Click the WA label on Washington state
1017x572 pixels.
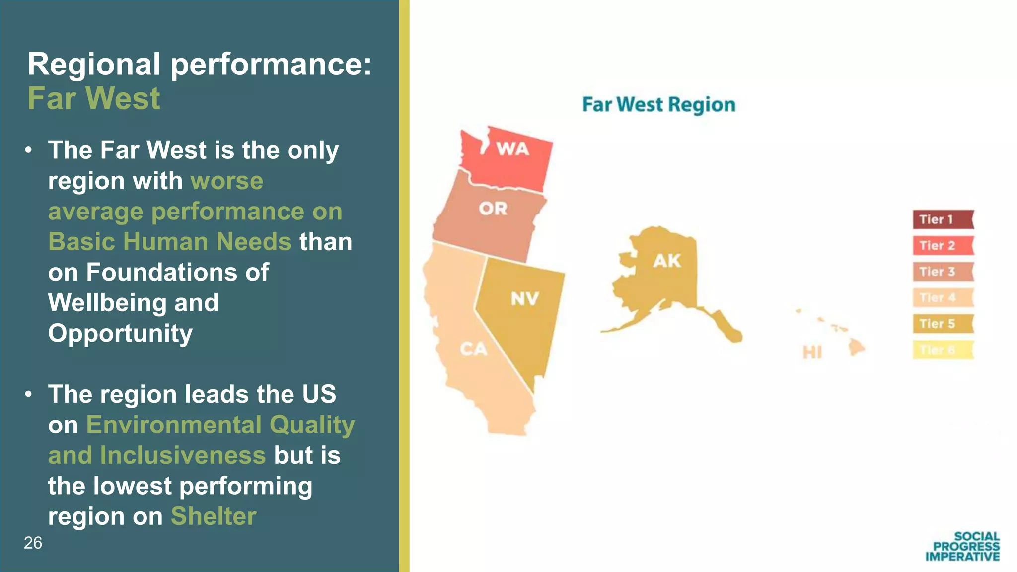[512, 149]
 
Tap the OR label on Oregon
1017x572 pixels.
[493, 209]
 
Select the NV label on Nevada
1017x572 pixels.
[525, 299]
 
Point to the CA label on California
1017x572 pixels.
[473, 349]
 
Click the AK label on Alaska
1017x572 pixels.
[667, 261]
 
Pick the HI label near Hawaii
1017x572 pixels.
[812, 353]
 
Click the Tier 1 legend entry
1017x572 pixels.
[943, 219]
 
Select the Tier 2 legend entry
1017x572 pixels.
[943, 246]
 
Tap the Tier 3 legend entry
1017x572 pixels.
[943, 272]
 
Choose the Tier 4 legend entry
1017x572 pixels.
[943, 298]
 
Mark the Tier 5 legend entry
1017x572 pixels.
[943, 324]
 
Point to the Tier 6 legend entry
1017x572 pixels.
[943, 350]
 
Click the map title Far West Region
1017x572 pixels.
[658, 105]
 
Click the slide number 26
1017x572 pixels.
[33, 543]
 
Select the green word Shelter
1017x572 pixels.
[214, 516]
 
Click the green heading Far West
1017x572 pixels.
[94, 98]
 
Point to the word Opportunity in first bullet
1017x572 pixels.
[120, 334]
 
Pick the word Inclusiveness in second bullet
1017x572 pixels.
[183, 455]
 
